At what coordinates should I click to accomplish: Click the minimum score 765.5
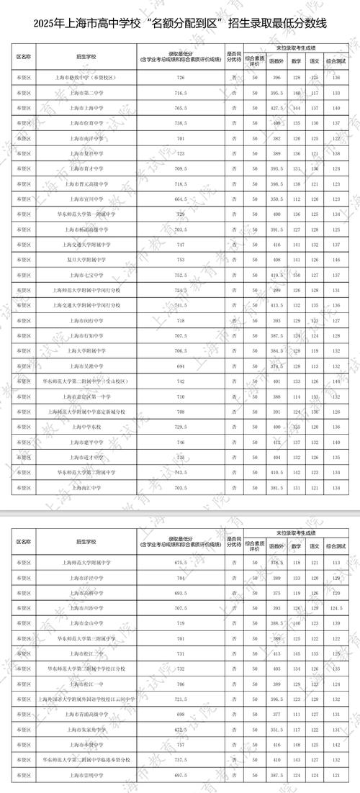pos(180,107)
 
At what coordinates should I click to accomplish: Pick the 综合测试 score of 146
pos(337,258)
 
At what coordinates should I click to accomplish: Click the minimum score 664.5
pos(180,198)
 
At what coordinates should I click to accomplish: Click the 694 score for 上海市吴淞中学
pos(180,366)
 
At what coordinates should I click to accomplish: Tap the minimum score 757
pos(180,745)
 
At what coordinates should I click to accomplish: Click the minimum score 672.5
pos(180,730)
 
